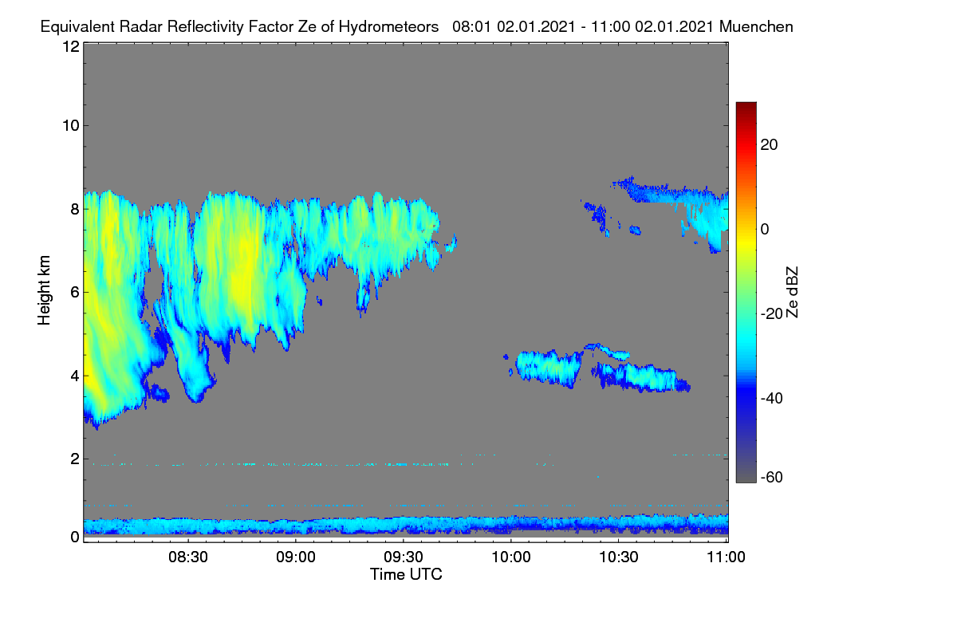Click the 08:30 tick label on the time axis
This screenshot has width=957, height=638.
tap(188, 557)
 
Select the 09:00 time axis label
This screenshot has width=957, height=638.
tap(296, 557)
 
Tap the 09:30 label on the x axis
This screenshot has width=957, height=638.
tap(404, 557)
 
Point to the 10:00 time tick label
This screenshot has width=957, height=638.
tap(511, 557)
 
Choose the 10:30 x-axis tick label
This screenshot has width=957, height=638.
tap(619, 557)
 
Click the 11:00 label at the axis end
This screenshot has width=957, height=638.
tap(726, 557)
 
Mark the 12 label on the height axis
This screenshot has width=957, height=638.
tap(71, 46)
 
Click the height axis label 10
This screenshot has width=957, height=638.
tap(71, 126)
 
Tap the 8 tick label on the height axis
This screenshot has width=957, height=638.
tap(75, 209)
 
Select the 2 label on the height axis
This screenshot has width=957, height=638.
tap(75, 459)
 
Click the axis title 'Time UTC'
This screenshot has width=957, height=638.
tap(406, 574)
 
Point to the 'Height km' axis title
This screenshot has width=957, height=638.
tap(44, 290)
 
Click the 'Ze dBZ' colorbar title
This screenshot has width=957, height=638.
tap(792, 293)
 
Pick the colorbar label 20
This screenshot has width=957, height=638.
tap(769, 145)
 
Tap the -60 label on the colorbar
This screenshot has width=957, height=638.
tap(772, 478)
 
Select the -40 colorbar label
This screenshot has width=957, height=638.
tap(772, 398)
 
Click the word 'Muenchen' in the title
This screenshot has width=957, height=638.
tap(756, 27)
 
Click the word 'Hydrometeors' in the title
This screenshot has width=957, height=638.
tap(388, 28)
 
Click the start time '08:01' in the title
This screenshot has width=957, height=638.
tap(472, 27)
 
